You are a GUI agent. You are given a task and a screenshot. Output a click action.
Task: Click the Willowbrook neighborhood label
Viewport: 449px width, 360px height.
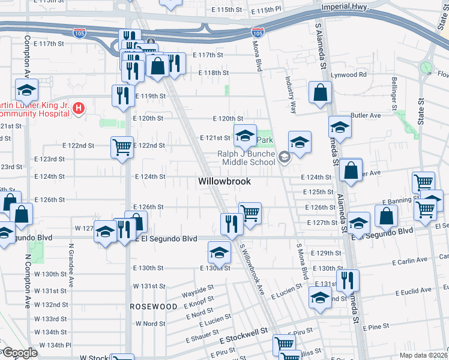tap(224, 181)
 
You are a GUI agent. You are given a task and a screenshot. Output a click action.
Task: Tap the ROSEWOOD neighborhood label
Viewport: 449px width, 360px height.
tap(153, 306)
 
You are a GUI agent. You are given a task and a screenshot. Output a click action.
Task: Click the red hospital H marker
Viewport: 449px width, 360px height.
tap(77, 109)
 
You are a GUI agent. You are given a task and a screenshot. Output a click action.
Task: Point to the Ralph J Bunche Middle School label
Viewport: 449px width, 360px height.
tap(249, 158)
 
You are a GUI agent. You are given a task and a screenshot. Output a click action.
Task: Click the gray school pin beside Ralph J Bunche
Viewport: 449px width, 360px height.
tap(285, 158)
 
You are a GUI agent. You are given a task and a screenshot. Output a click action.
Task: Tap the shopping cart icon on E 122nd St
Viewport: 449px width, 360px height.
tap(122, 146)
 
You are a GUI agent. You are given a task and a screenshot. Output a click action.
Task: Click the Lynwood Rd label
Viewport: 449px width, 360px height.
tap(348, 74)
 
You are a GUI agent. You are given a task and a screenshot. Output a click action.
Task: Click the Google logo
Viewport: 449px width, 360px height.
tap(19, 353)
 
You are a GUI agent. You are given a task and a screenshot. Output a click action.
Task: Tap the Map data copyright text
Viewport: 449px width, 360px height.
tap(423, 355)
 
